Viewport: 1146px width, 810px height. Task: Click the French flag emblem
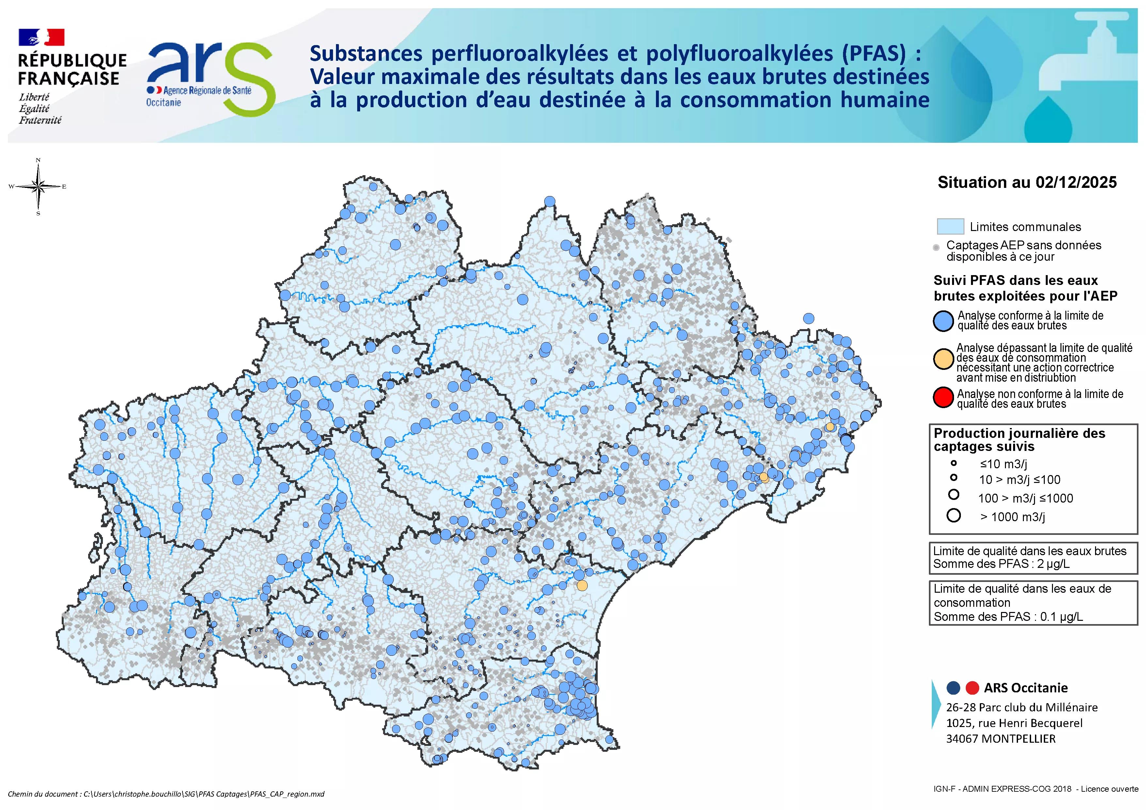pos(41,38)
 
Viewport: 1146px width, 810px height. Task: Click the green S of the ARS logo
pos(248,80)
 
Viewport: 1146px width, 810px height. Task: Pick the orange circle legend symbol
pos(943,359)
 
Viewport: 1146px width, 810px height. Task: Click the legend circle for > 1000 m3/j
pos(953,516)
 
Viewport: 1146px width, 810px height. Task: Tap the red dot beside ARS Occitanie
pos(972,688)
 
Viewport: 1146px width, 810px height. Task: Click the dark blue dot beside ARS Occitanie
pos(953,688)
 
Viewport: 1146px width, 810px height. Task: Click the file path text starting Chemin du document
pos(166,794)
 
